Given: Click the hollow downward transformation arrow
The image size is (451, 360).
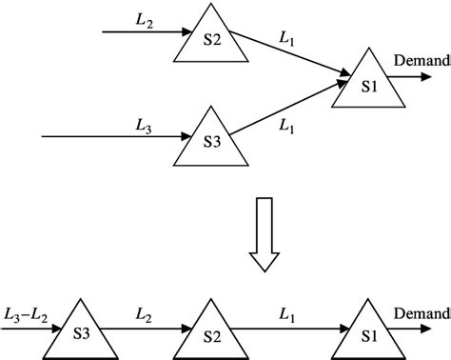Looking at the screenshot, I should [263, 232].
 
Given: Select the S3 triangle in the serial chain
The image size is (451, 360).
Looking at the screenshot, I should [82, 330].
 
